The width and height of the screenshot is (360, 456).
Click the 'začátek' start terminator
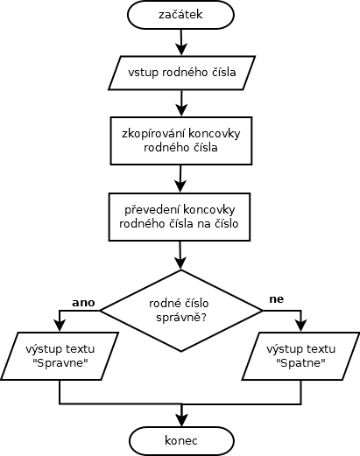pyautogui.click(x=181, y=15)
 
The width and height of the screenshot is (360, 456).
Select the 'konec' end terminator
pyautogui.click(x=181, y=441)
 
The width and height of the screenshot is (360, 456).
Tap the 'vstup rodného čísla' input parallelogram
pyautogui.click(x=181, y=73)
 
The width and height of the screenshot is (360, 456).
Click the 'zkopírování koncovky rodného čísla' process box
pyautogui.click(x=181, y=141)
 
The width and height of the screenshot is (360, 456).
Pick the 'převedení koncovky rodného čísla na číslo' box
pyautogui.click(x=180, y=217)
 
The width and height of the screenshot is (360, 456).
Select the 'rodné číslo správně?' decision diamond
pyautogui.click(x=181, y=311)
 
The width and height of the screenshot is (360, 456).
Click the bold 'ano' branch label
pyautogui.click(x=83, y=303)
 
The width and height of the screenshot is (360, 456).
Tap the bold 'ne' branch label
pyautogui.click(x=277, y=299)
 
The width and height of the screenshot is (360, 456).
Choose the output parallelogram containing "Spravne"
pyautogui.click(x=60, y=356)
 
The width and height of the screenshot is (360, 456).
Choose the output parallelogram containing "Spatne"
pyautogui.click(x=300, y=356)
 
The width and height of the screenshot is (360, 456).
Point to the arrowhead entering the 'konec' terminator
pyautogui.click(x=181, y=421)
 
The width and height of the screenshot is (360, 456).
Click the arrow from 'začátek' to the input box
pyautogui.click(x=181, y=42)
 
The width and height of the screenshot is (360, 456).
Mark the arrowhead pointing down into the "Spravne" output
pyautogui.click(x=60, y=326)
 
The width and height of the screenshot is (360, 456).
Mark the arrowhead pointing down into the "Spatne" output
pyautogui.click(x=300, y=326)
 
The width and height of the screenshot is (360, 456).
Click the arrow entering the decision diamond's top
pyautogui.click(x=180, y=255)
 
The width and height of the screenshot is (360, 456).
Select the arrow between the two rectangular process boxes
pyautogui.click(x=180, y=179)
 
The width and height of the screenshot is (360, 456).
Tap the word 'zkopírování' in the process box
pyautogui.click(x=153, y=134)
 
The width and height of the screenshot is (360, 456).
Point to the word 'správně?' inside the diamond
pyautogui.click(x=181, y=318)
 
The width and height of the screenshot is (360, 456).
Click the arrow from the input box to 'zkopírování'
pyautogui.click(x=181, y=103)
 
